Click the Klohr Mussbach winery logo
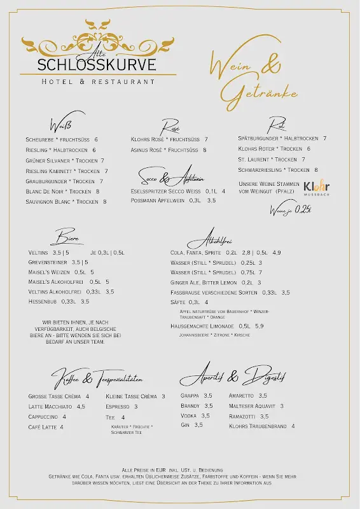tap(316, 188)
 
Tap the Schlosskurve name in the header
tap(97, 65)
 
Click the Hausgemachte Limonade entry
tap(217, 326)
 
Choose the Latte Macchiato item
tap(57, 407)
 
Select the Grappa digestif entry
tap(197, 396)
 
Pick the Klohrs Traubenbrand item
tap(261, 426)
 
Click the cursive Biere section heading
tap(67, 238)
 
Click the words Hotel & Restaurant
tap(98, 81)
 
